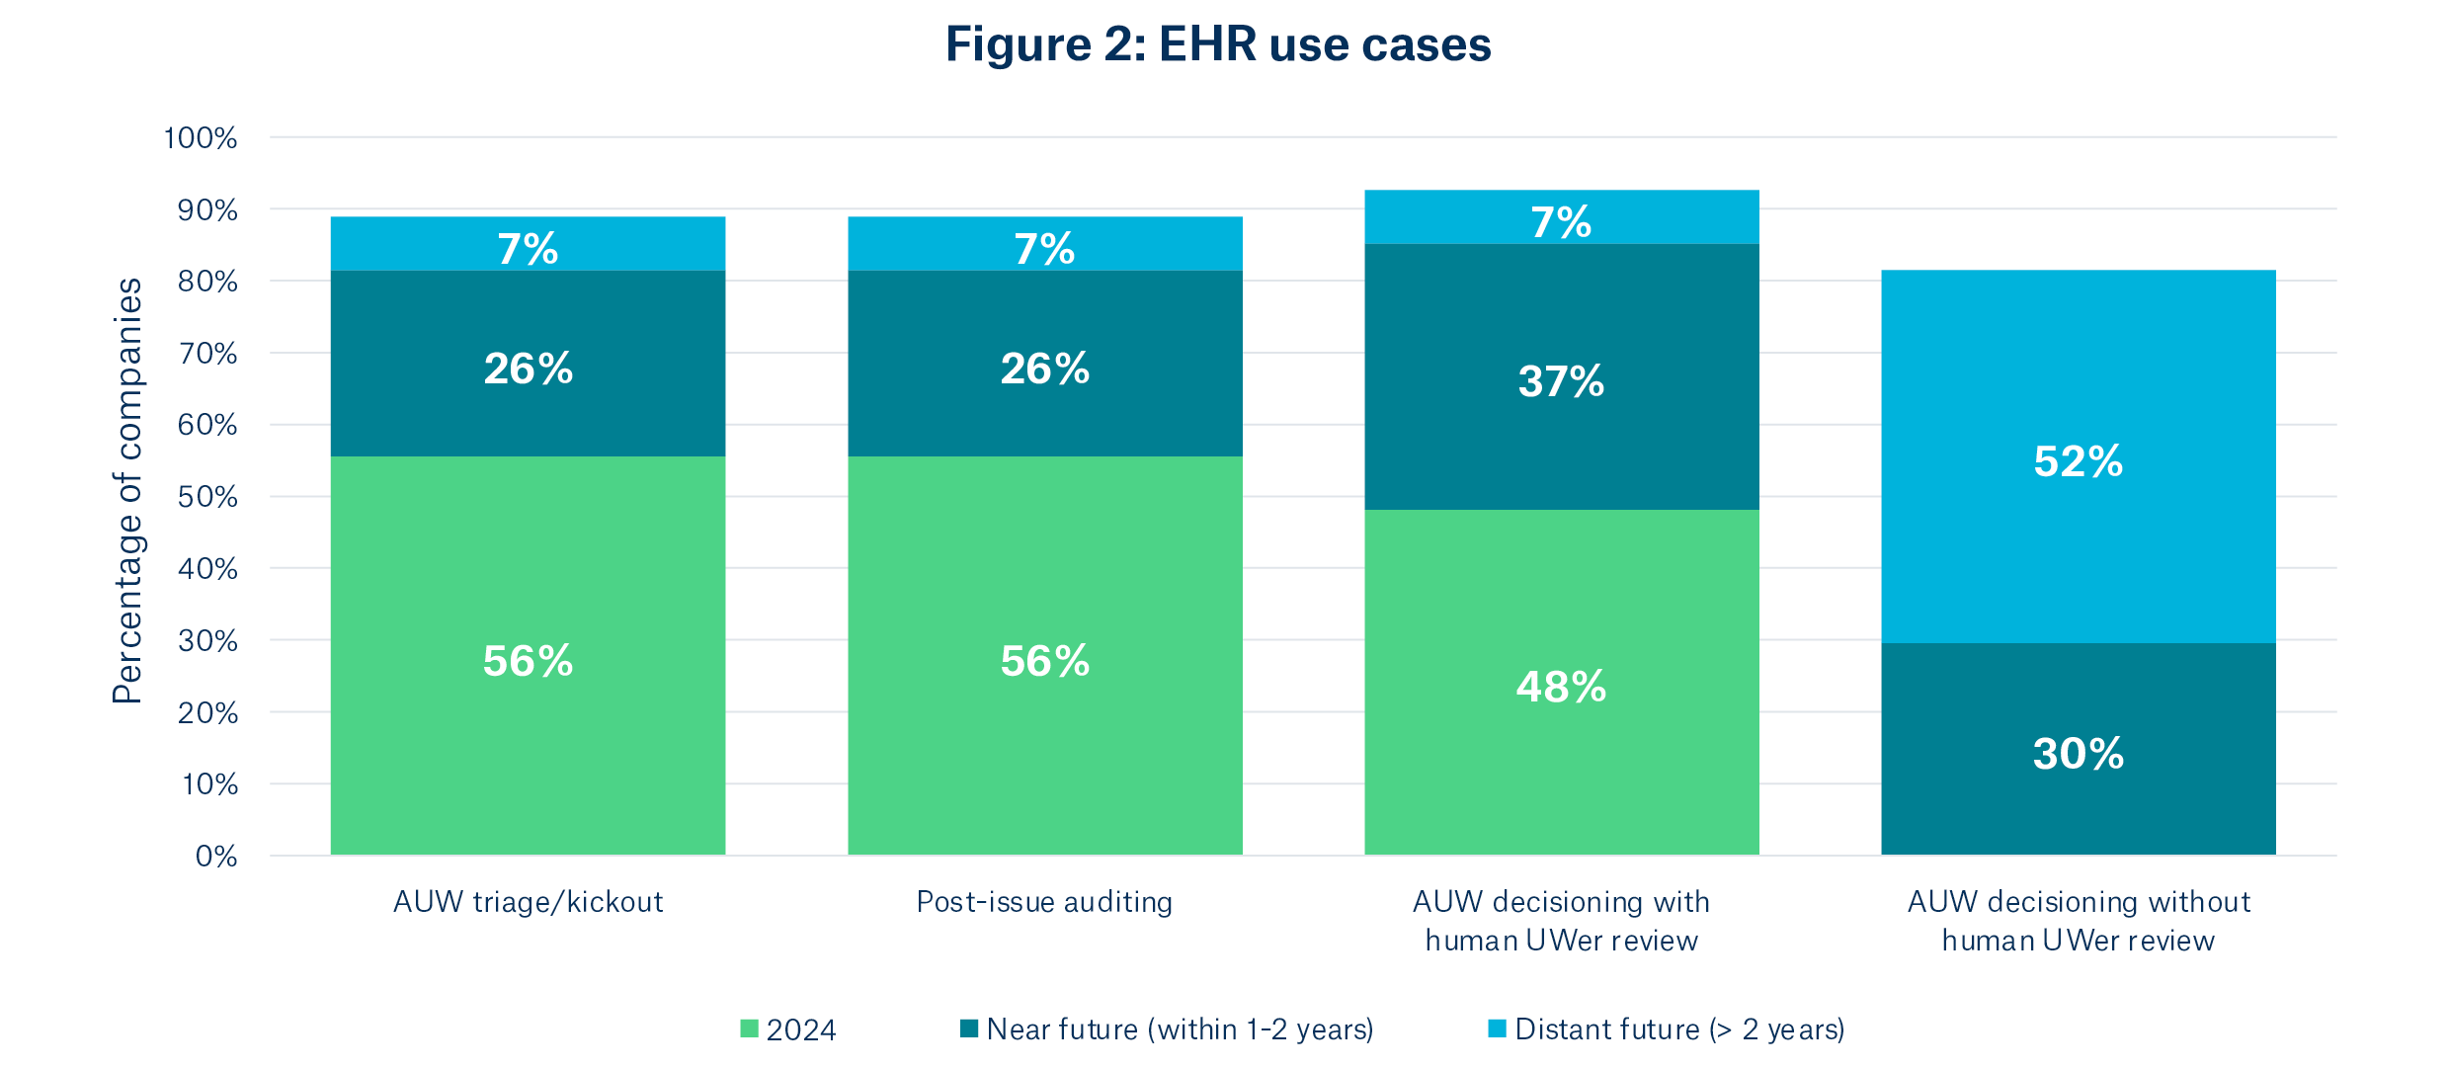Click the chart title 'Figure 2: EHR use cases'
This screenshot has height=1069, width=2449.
(x=1217, y=44)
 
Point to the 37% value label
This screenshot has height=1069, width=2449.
(x=1561, y=381)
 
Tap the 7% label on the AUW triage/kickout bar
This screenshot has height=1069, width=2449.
(x=528, y=248)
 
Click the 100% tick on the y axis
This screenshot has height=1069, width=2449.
(x=201, y=138)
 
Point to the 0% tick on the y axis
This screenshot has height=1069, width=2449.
(x=215, y=856)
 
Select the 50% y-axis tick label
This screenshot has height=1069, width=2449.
(x=207, y=497)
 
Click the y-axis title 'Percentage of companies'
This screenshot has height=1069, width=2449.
(x=127, y=491)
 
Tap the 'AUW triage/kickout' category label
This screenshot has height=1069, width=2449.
(x=528, y=901)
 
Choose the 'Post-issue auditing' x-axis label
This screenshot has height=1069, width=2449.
(x=1044, y=901)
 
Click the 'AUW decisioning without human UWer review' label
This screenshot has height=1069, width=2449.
(x=2078, y=920)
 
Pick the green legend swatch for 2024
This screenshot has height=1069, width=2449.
(x=750, y=1028)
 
